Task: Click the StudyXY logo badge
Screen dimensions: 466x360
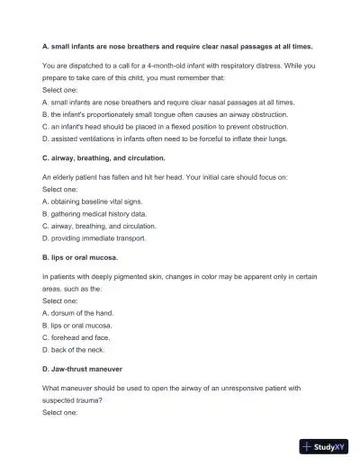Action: (324, 446)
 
